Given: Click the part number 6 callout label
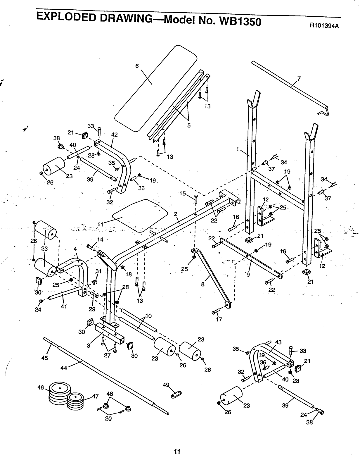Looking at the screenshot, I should pos(137,66).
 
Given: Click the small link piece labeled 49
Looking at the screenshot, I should pos(176,395).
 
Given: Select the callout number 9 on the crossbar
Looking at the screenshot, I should pos(248,274).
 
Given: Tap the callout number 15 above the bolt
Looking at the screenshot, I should pos(183,194).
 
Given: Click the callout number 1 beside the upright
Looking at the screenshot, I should pos(238,149).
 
